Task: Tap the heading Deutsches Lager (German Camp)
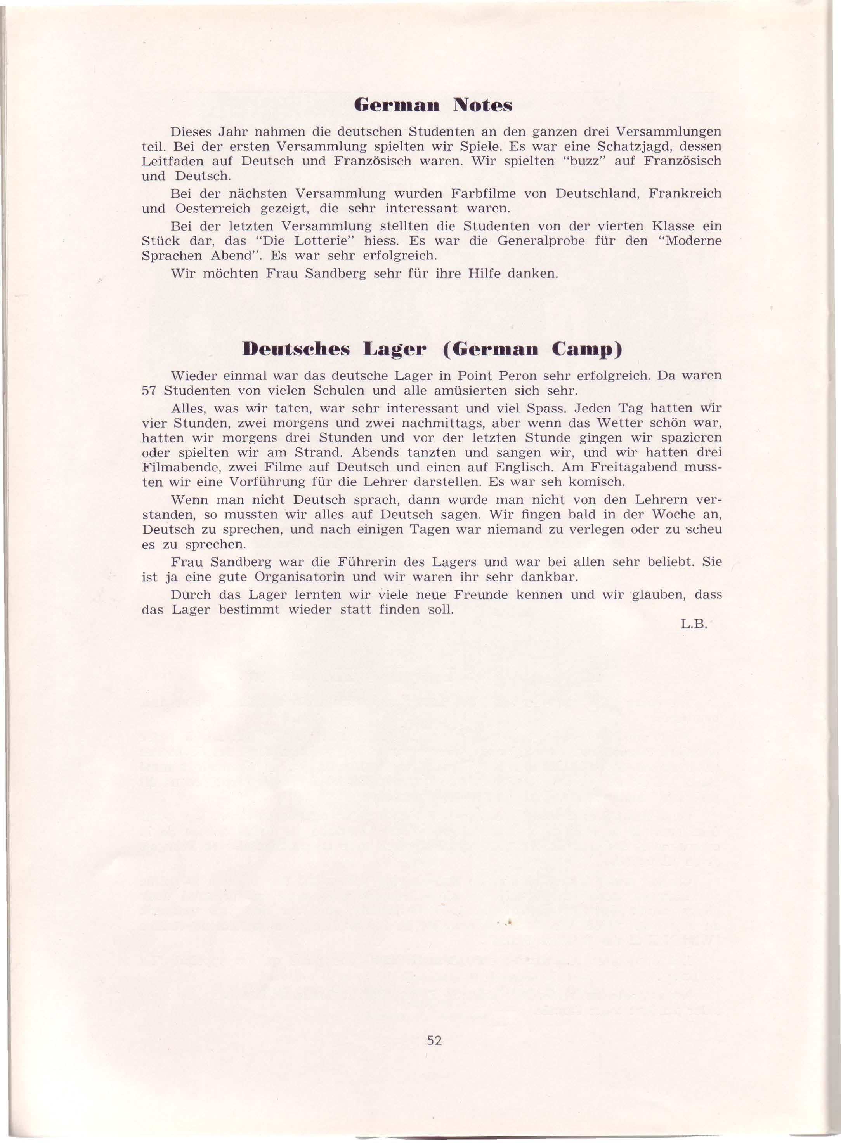pos(433,350)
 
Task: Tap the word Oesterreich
pos(213,209)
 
